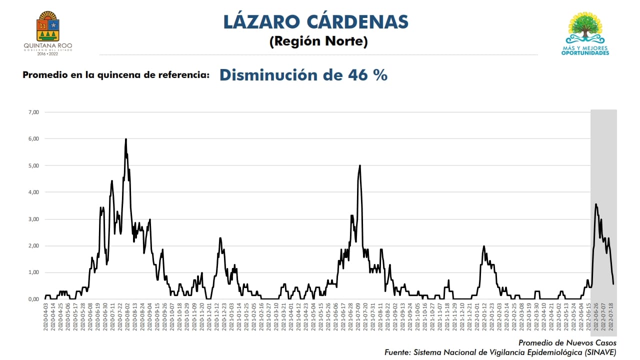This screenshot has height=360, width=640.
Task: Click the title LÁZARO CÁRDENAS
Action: coord(316,22)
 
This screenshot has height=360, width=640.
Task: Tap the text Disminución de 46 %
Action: coord(303,75)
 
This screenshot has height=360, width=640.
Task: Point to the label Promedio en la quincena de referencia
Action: coord(116,75)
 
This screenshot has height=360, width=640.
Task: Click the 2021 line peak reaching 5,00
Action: coord(360,165)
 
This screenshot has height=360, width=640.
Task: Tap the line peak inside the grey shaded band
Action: coord(595,204)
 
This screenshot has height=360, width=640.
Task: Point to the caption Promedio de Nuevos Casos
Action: coord(567,343)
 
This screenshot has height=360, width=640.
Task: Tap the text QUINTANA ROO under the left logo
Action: coord(48,45)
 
